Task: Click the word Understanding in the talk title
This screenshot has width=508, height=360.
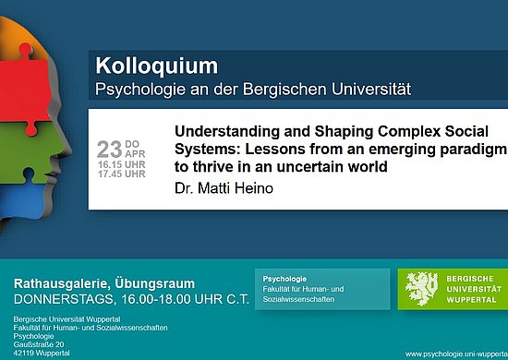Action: (219, 131)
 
